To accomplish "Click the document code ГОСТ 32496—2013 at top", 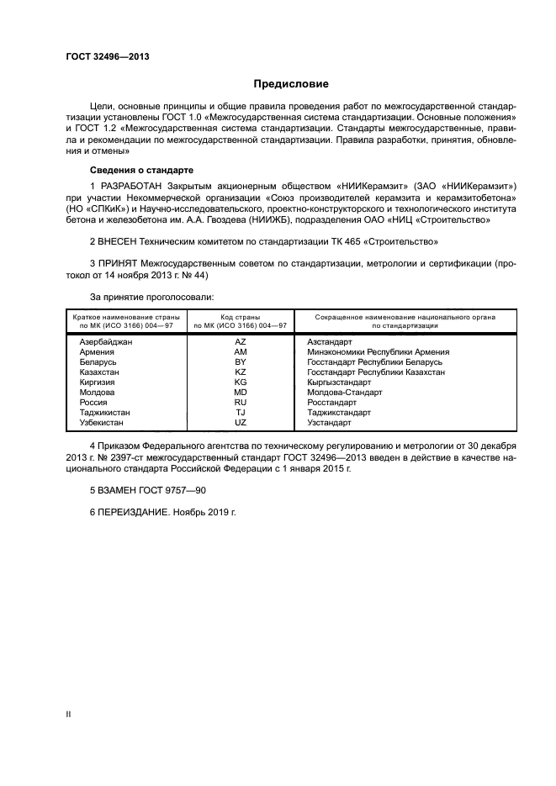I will tap(102, 57).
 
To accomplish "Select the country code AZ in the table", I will tap(241, 342).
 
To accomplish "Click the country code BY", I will tap(241, 362).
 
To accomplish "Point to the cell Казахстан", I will tap(99, 372).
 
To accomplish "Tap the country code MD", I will tap(241, 393).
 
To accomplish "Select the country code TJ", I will tap(241, 413).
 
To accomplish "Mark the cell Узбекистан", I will tap(102, 423).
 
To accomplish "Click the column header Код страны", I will tap(241, 318).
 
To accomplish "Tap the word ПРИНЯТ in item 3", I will tap(118, 264).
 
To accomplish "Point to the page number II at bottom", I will tap(69, 713).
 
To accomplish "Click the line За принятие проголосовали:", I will tap(151, 297).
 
